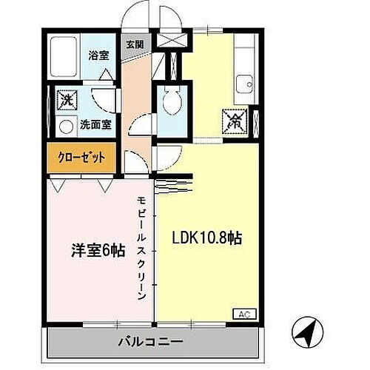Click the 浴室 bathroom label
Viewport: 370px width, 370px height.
98,54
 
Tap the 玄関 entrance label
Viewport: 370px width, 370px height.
135,44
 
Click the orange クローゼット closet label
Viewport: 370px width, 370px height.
82,157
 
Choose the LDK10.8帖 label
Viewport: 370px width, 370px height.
208,238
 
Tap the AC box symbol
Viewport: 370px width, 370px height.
243,314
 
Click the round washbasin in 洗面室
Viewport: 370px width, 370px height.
66,127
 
